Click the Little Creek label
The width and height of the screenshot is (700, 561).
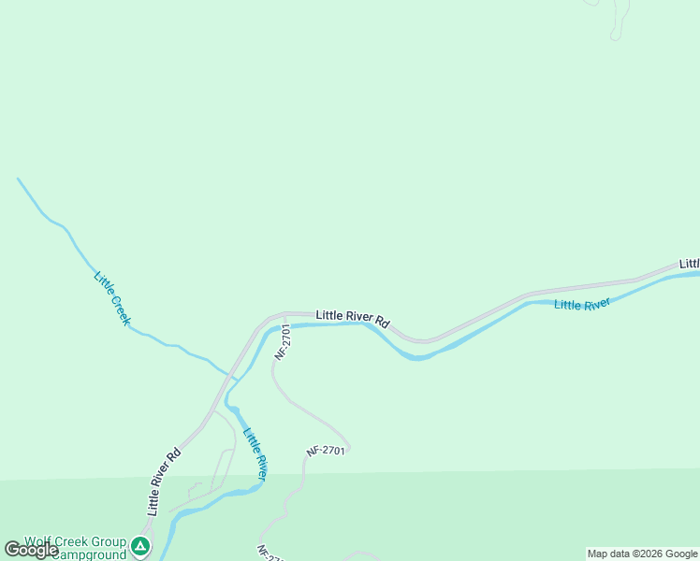click(112, 298)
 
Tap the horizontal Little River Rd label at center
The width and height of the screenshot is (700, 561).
click(352, 317)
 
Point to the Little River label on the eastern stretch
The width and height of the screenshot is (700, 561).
click(582, 304)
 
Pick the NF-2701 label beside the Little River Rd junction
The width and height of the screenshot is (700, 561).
click(284, 343)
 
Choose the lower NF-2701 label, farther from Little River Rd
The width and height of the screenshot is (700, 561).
click(326, 452)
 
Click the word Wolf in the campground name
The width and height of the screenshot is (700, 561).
click(38, 541)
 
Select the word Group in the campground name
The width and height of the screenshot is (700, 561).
click(109, 541)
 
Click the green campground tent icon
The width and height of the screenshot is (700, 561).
click(140, 545)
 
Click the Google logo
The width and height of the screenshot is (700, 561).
click(30, 550)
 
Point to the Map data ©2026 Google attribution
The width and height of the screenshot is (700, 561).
click(642, 554)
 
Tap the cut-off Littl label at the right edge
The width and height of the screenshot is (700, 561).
click(689, 265)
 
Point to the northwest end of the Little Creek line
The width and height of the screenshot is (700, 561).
click(18, 178)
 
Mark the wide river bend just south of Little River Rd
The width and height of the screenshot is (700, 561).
click(416, 355)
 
